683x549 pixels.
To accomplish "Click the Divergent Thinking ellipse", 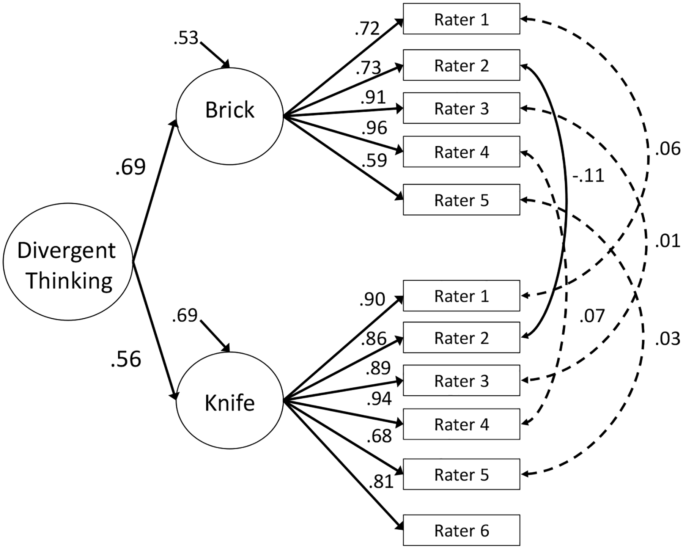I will point(68,262).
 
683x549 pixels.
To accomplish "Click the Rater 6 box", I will point(461,530).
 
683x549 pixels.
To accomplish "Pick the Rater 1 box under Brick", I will point(461,19).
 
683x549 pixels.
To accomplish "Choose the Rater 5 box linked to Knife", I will point(461,474).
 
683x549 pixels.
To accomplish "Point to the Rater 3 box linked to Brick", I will point(461,108).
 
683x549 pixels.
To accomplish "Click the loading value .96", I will point(374,128).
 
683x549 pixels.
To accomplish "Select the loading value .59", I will point(374,160).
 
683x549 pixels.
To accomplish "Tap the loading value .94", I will point(379,399).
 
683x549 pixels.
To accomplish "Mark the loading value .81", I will point(381,481).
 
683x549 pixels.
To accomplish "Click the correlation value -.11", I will point(589,176).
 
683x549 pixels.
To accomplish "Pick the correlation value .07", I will point(592,316).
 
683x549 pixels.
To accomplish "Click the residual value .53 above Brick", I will point(186,38).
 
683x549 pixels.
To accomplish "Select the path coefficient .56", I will point(126,359).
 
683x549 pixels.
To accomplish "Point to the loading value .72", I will point(367,29).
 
